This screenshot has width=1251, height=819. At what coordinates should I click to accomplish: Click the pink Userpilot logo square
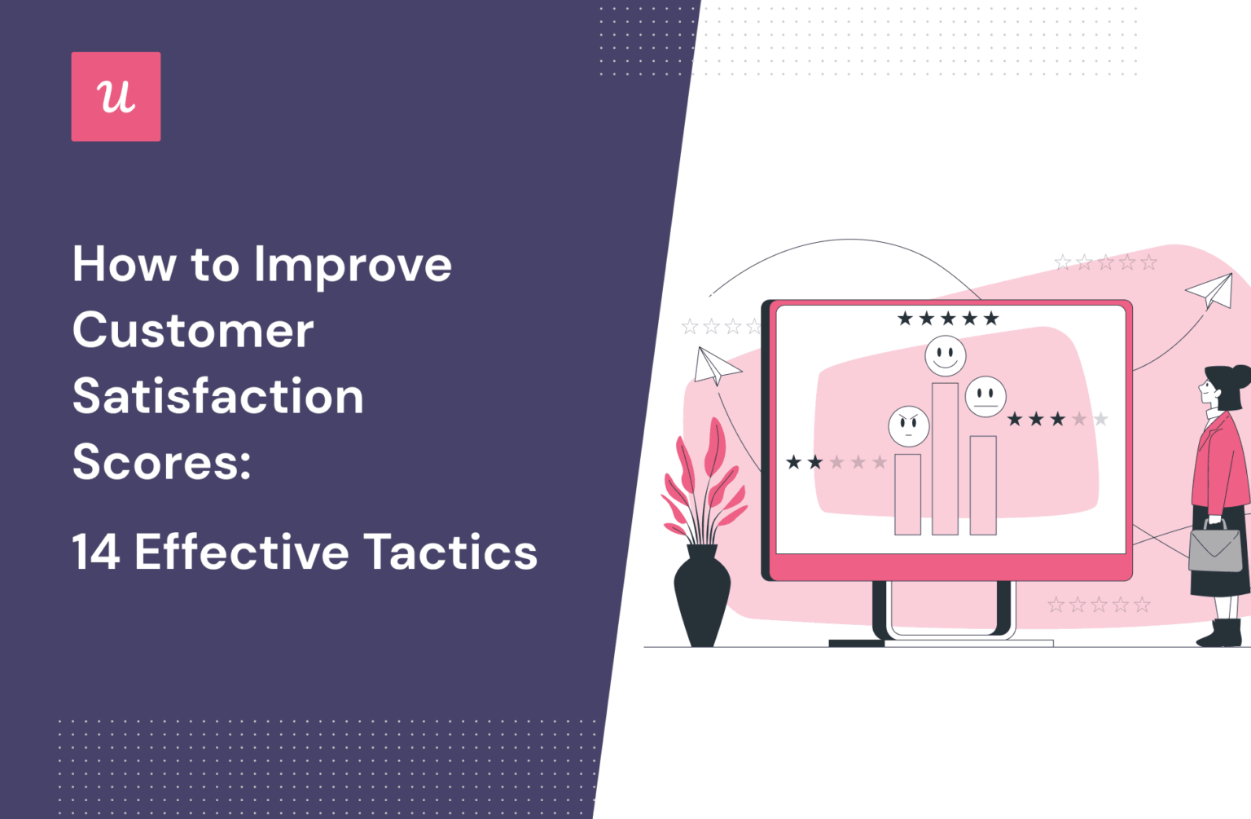(116, 96)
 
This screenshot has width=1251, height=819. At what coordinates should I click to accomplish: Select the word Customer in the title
(193, 331)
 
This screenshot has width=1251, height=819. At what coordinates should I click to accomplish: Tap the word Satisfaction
(217, 397)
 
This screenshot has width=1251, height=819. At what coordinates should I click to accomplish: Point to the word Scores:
(161, 462)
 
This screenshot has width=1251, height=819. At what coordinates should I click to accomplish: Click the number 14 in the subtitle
(96, 553)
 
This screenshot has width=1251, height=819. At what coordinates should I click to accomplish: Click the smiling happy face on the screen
(945, 356)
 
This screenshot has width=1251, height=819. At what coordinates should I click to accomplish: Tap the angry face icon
(909, 425)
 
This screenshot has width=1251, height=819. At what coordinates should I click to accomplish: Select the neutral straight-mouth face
(985, 397)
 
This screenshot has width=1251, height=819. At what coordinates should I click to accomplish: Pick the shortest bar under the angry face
(907, 494)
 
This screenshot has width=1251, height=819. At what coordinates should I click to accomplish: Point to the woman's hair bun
(1240, 377)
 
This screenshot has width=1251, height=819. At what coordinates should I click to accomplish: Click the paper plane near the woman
(1211, 290)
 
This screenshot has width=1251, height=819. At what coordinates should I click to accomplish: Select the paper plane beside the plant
(714, 366)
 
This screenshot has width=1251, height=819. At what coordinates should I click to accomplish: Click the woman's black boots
(1221, 632)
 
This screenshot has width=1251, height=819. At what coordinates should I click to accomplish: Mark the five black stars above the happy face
(947, 319)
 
